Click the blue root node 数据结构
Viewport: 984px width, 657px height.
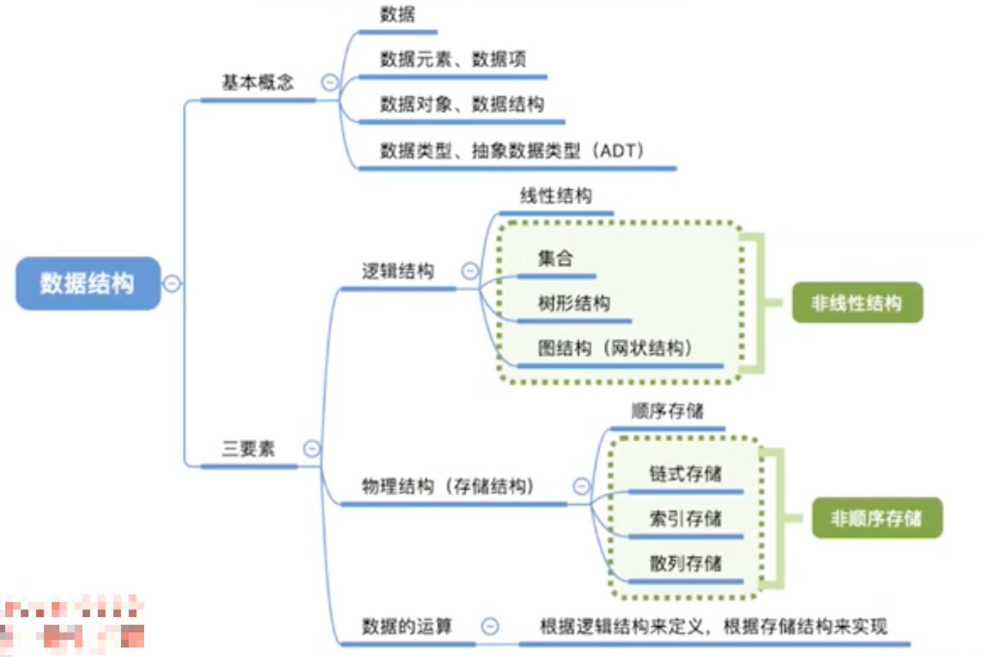tap(88, 283)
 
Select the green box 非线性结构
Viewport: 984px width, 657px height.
tap(857, 303)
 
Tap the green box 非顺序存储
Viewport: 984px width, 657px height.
tap(877, 518)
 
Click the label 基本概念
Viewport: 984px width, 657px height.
tap(258, 83)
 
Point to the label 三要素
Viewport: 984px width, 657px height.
tap(248, 449)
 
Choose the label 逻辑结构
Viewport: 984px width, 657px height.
tap(398, 271)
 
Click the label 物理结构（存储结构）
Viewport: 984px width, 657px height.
tap(447, 486)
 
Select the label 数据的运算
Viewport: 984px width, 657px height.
tap(407, 626)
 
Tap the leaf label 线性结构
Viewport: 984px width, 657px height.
tap(556, 196)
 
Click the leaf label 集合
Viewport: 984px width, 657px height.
tap(555, 259)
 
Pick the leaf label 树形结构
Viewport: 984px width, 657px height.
tap(574, 303)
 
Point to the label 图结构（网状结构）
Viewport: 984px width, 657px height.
tap(614, 348)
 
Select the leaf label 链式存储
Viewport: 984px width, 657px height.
tap(685, 473)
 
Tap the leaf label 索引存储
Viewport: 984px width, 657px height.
tap(685, 518)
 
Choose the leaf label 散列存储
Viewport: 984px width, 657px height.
tap(685, 563)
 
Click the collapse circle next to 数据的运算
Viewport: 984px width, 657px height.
tap(490, 626)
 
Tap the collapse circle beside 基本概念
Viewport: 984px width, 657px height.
tap(330, 83)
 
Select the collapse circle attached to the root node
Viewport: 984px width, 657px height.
tap(172, 283)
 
